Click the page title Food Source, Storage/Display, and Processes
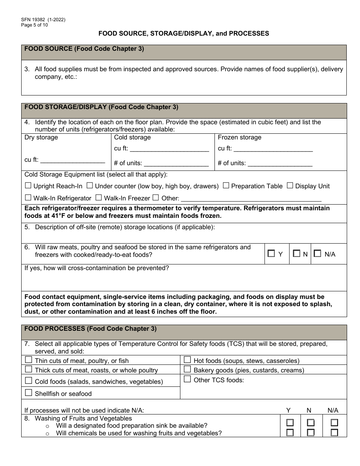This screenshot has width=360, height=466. point(184,33)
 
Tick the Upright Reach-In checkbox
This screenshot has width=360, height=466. point(28,186)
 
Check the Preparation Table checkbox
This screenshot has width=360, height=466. point(226,186)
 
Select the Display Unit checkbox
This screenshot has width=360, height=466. point(290,186)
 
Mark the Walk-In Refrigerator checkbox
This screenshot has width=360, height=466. point(28,197)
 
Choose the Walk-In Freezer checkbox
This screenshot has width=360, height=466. point(99,197)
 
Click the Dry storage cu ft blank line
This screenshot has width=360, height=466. point(72,161)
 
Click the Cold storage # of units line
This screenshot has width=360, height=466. point(176,164)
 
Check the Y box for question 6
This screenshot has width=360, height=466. point(271,254)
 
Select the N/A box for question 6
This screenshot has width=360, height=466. point(318,254)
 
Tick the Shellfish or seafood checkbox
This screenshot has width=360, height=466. point(28,393)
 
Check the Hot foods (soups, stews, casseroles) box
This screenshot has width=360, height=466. point(187,360)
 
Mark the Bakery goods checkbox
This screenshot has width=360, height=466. point(187,369)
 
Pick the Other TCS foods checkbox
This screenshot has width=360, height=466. point(187,379)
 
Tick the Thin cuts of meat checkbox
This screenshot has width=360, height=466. point(28,360)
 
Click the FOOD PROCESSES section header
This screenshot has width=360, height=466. point(90,329)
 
